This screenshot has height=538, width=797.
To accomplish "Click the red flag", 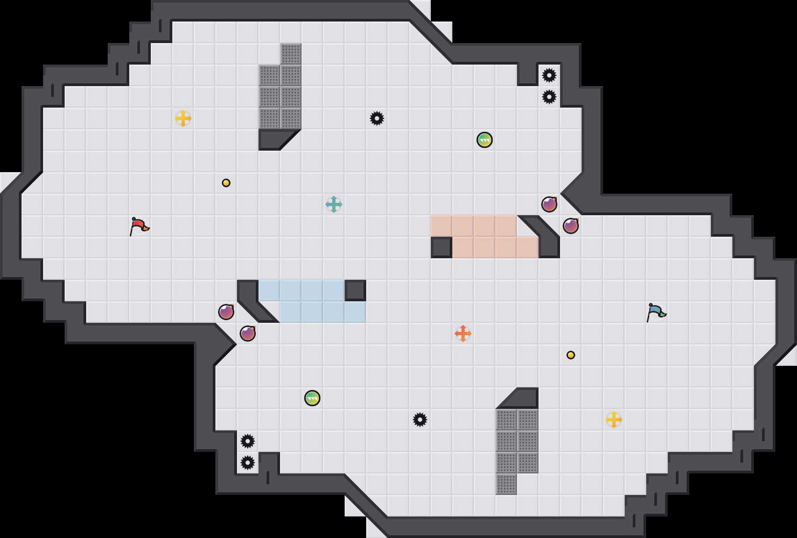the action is pos(139,225).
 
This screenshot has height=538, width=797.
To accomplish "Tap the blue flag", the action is pos(656,312).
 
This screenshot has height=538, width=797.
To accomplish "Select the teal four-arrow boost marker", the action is pos(334,204).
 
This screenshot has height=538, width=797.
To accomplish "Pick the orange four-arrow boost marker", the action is pos(463,334).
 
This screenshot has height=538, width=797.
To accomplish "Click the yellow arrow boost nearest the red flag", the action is pos(183,118).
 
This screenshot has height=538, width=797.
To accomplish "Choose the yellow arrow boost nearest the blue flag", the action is pos(614,420).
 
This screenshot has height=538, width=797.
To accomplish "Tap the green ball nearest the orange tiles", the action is pos(485,140).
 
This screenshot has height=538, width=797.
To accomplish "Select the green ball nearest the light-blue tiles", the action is pos(312,398).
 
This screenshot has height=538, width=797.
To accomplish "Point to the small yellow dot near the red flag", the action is pos(226,183).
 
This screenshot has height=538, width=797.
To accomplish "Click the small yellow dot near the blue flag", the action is pos(571,355).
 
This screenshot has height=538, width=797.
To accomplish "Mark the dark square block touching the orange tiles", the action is pos(442,247).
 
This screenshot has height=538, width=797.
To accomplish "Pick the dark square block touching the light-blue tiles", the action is pos(355,291).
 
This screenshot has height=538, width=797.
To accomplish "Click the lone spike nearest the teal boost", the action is pos(377,118).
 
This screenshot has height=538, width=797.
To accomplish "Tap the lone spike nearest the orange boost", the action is pos(420,420).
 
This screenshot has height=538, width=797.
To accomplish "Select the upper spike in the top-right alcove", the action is pos(549,75).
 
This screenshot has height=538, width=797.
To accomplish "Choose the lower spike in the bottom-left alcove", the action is pos(248,463).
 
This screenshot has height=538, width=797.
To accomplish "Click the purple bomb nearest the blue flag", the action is pos(571,226).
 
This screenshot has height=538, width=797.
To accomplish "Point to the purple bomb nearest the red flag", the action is pos(226,312).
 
